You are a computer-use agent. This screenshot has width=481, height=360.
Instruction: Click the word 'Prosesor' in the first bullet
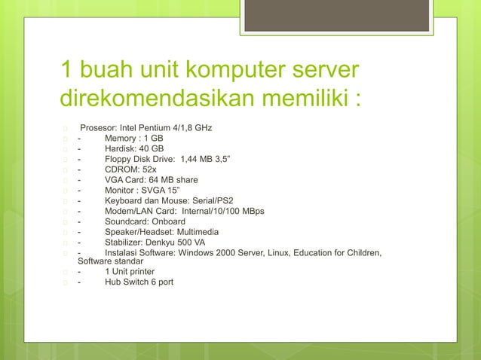pyautogui.click(x=99, y=128)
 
